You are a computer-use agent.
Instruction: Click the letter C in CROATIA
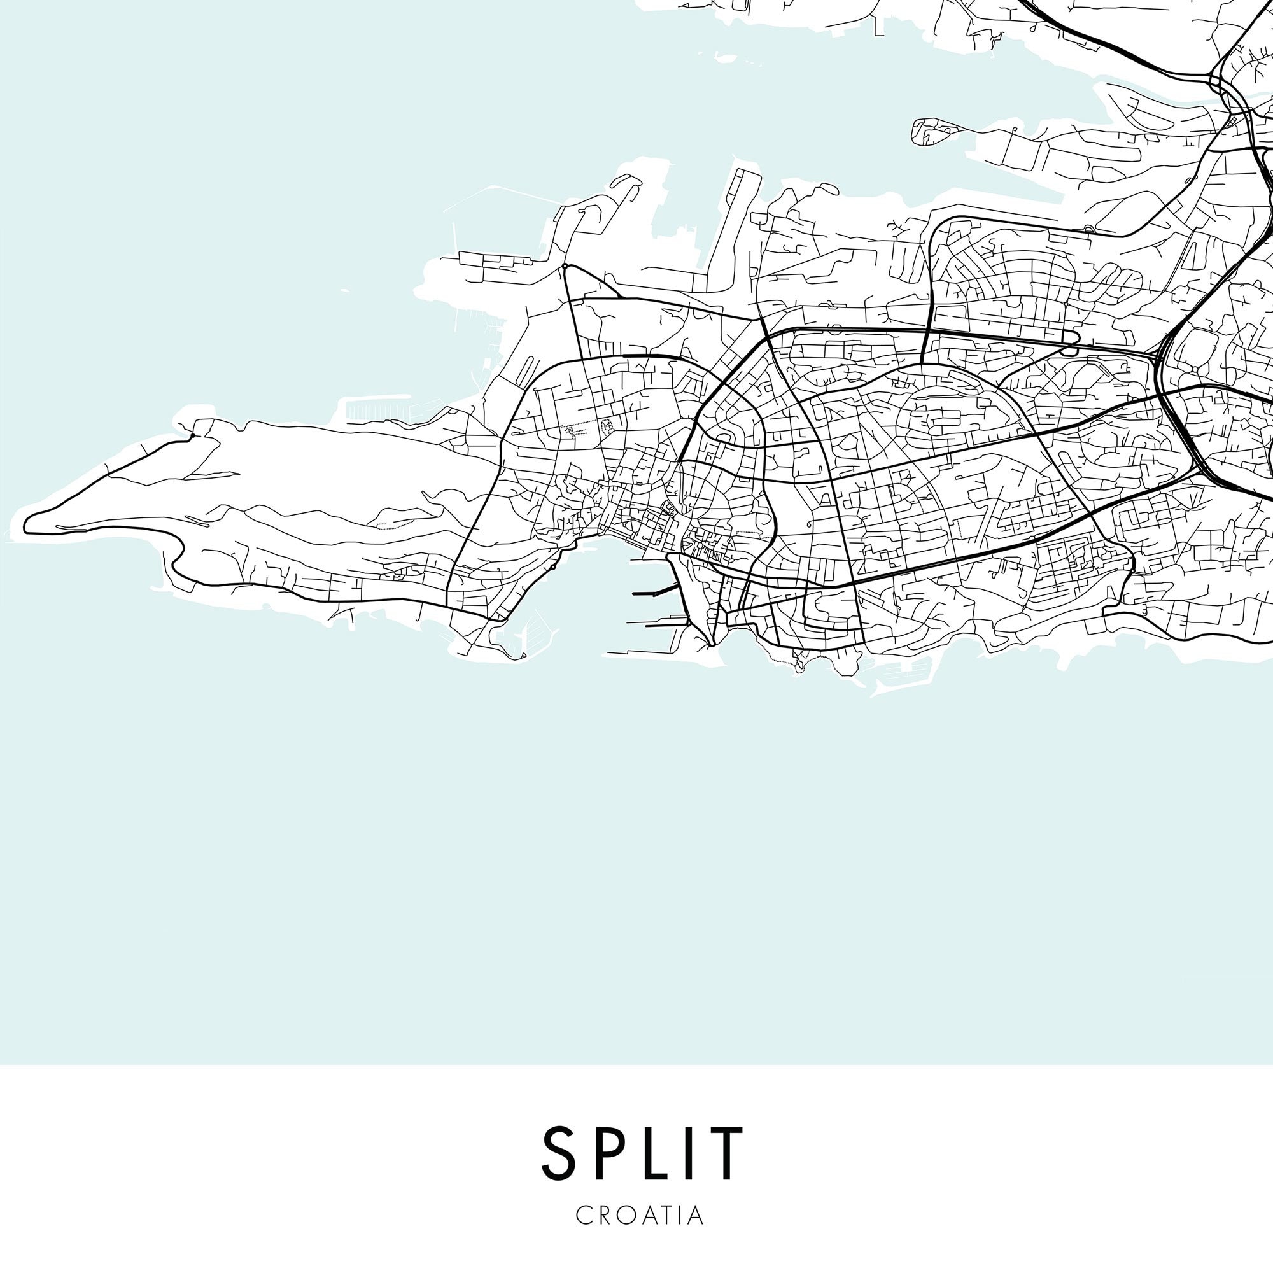coord(584,1216)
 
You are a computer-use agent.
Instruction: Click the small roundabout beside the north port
coord(565,266)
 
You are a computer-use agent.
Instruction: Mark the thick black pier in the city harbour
coord(655,592)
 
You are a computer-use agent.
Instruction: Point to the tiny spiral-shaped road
coord(808,525)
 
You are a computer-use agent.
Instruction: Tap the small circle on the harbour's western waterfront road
coord(553,566)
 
